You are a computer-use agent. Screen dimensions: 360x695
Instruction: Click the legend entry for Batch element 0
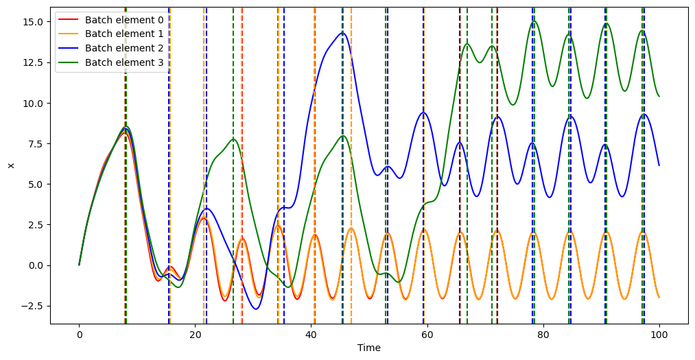tap(123, 19)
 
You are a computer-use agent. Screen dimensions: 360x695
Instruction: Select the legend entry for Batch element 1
tap(123, 34)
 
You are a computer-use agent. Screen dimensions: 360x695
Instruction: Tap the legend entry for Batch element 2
tap(123, 48)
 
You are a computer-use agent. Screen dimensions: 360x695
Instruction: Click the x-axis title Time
tap(368, 348)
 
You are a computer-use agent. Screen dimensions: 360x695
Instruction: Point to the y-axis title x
tap(10, 165)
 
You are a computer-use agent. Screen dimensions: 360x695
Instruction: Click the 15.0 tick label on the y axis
tap(33, 22)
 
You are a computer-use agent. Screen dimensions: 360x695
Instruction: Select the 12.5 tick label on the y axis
tap(33, 62)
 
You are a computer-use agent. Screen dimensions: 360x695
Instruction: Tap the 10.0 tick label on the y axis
tap(33, 103)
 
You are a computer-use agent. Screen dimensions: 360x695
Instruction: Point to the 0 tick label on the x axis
tap(79, 335)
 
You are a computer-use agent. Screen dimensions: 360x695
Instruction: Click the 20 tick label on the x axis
tap(195, 335)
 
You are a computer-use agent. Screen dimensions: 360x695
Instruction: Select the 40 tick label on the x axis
tap(311, 335)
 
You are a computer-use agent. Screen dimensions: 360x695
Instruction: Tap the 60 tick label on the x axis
tap(427, 335)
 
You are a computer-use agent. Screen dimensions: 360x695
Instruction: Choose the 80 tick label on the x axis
tap(543, 335)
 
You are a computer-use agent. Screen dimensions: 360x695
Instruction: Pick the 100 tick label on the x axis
tap(659, 335)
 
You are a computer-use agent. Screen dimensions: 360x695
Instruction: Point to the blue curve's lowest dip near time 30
tap(256, 309)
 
